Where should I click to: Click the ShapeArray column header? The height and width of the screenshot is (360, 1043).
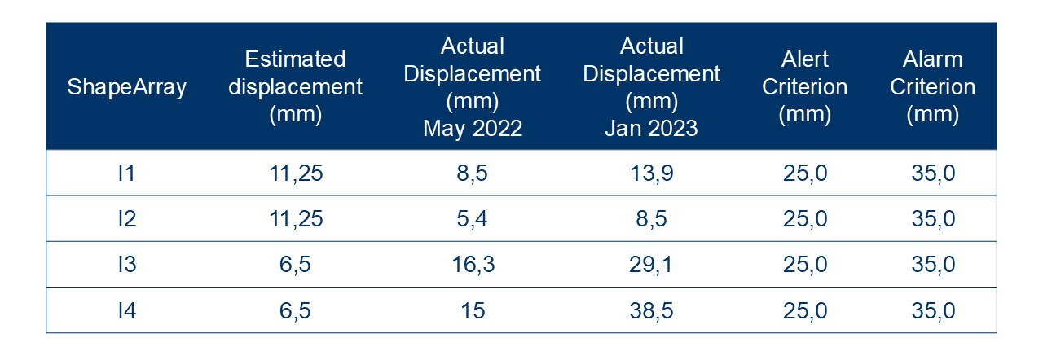point(126,87)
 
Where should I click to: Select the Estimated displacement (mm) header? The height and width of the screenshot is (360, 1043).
point(295,87)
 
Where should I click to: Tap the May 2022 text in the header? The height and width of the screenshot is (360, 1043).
point(473,128)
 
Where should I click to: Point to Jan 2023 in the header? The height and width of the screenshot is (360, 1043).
point(651,128)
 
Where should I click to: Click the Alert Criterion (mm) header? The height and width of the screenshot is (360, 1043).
point(805,87)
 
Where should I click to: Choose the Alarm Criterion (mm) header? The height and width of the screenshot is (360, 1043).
point(933,87)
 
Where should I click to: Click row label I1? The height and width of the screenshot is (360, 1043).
point(126,173)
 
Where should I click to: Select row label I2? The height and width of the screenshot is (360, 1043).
point(126,218)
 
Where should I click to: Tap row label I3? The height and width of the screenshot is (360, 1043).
point(126,264)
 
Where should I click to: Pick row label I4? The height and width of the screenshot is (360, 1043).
point(126,310)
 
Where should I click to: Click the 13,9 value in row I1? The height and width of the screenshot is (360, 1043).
point(651,173)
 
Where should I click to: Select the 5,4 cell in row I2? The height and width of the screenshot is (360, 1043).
point(472,219)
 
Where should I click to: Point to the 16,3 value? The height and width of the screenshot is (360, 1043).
point(473,265)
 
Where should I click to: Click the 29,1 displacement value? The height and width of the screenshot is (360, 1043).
point(651,265)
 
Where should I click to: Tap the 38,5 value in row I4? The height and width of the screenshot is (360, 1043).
point(651,310)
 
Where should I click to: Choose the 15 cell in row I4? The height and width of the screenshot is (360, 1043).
point(473,310)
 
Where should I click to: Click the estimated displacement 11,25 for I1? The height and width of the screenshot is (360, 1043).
point(296,173)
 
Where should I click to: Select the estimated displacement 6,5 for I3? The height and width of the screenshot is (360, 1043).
point(295,265)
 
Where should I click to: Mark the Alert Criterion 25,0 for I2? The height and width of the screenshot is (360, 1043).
point(805,219)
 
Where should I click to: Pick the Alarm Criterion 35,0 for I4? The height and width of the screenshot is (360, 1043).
point(933,310)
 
